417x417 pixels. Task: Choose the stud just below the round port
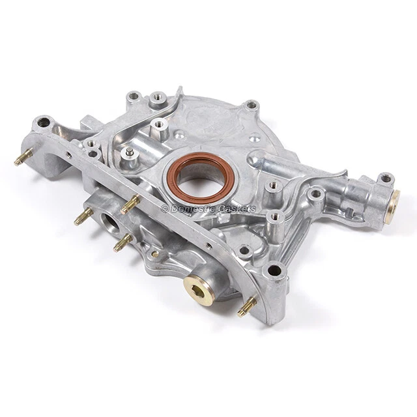coord(122,243)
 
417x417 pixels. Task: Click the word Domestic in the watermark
coord(192,208)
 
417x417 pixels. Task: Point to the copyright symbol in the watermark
coord(165,208)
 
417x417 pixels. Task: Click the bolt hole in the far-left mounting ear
coord(44,121)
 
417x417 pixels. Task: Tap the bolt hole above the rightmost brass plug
coord(386,178)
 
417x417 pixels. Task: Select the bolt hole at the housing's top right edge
coord(251,104)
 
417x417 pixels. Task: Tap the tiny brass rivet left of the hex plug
coord(155,253)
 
